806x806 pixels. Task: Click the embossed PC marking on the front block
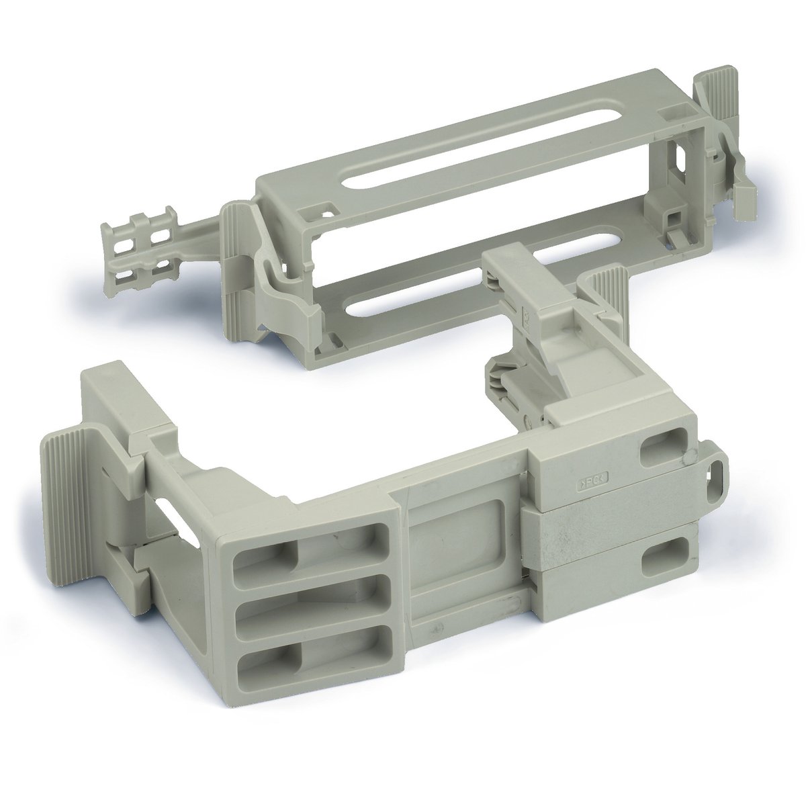click(594, 482)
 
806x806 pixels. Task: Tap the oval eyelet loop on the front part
click(719, 469)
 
